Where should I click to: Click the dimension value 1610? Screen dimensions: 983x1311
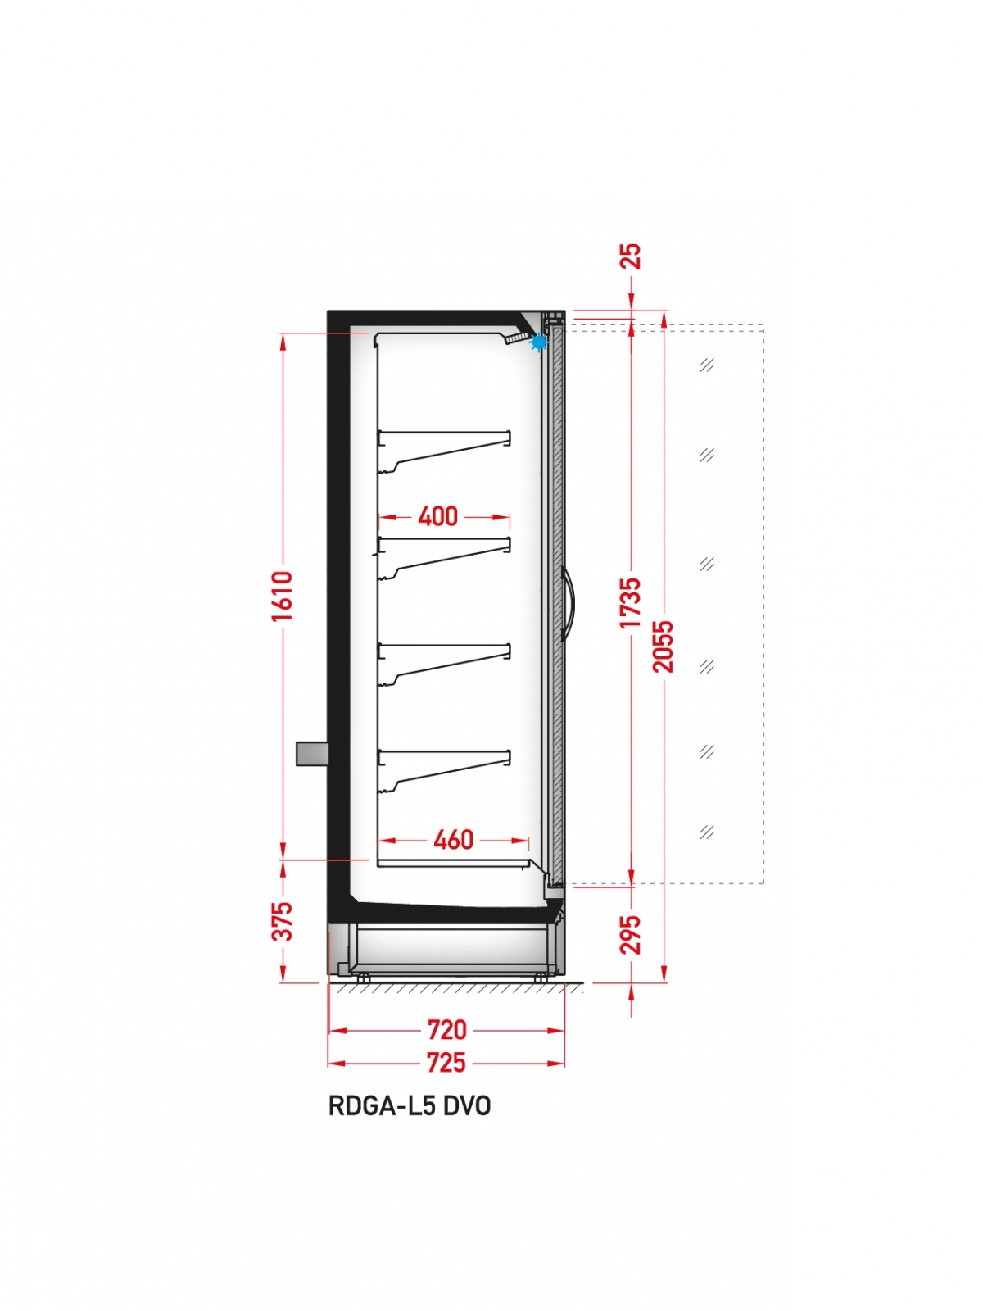point(283,596)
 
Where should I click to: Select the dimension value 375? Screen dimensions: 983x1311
point(283,922)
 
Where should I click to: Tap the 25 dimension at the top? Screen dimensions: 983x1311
point(632,256)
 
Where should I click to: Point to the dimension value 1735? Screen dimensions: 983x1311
point(630,602)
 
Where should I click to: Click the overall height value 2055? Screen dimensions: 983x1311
point(663,646)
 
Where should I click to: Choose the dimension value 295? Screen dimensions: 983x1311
point(630,935)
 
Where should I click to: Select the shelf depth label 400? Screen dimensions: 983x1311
point(437,517)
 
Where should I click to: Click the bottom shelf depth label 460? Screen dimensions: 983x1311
point(454,841)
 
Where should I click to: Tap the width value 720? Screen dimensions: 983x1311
point(446,1030)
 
